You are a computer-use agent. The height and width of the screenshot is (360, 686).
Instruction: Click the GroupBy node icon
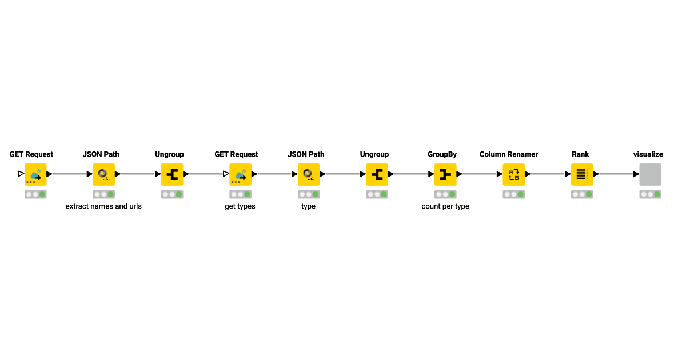point(445,174)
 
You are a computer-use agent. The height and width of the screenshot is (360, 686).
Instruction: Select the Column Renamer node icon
point(513,174)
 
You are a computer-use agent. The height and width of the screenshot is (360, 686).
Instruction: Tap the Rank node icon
point(582,174)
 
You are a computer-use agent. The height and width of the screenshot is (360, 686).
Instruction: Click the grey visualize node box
point(650,174)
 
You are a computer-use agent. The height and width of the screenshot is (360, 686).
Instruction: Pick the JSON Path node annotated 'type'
point(309,174)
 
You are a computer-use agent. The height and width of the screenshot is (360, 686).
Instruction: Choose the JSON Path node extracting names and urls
point(104,174)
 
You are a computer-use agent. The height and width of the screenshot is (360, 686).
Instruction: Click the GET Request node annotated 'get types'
point(241,174)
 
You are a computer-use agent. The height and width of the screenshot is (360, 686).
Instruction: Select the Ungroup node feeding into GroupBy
point(377,174)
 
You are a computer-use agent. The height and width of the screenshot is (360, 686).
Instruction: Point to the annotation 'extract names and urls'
point(103,206)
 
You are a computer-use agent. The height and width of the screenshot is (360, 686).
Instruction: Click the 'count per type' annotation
point(445,206)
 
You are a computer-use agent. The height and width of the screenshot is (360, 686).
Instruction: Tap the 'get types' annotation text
point(240,206)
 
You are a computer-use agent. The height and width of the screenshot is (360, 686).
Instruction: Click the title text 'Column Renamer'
point(509,154)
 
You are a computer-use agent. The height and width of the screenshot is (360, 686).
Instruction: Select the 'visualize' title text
point(648,154)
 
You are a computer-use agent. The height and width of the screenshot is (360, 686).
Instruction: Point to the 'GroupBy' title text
point(442,154)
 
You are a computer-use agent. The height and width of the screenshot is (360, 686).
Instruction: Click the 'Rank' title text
point(580,154)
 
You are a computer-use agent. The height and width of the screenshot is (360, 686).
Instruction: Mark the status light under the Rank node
point(582,194)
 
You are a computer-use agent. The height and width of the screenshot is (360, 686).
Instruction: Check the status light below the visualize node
point(650,194)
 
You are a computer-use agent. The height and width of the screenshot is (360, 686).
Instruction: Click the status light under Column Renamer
point(513,194)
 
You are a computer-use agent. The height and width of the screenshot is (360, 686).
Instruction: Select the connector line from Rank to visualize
point(616,174)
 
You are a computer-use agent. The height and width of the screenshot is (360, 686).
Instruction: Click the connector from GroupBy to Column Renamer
point(480,174)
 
